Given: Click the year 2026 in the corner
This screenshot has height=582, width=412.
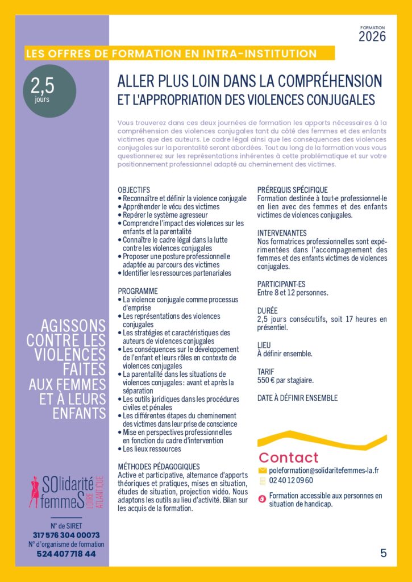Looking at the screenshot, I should (x=372, y=37).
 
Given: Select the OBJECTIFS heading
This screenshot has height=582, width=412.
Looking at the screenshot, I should (x=134, y=190).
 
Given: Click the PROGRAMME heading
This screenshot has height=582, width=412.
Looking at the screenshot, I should (x=138, y=291).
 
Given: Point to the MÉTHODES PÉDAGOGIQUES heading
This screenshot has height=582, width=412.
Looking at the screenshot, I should (x=158, y=467).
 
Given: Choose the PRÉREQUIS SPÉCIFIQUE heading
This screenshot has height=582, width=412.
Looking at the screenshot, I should (x=292, y=190).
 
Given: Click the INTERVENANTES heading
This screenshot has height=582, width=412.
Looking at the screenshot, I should (x=282, y=233).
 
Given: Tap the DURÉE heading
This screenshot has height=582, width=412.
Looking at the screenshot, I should (x=267, y=311).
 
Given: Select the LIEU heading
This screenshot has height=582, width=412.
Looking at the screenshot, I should (x=264, y=345).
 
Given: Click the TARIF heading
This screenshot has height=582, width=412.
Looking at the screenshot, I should (x=266, y=372).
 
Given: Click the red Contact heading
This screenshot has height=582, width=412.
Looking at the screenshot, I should (x=289, y=458).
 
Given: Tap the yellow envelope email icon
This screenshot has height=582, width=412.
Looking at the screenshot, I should (x=262, y=471).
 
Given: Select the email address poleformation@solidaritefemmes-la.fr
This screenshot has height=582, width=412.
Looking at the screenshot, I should (x=324, y=471).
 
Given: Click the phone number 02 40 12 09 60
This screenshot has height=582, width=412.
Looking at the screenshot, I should (x=291, y=480).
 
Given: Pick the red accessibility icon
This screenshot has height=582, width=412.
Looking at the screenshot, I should (x=262, y=499).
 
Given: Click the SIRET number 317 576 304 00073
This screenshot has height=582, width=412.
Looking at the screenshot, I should (x=66, y=535).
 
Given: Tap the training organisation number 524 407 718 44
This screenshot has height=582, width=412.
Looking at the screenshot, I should (x=66, y=554).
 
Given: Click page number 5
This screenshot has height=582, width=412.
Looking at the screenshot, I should (x=384, y=552).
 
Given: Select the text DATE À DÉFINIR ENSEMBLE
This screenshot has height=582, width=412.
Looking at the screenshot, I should (x=297, y=398).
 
